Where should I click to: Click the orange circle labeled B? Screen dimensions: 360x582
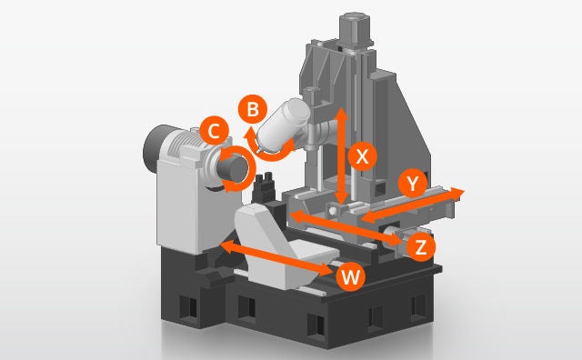[x=253, y=109]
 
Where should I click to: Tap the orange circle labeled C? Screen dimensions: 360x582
[x=213, y=131]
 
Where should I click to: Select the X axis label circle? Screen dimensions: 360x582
[x=363, y=156]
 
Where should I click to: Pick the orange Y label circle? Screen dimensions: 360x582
[x=415, y=184]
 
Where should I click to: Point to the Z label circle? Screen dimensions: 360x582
[x=420, y=246]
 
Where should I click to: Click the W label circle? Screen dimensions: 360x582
[x=349, y=276]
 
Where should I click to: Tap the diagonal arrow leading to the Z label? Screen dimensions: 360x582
[x=346, y=228]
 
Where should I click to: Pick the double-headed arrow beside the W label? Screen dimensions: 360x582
[x=277, y=259]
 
